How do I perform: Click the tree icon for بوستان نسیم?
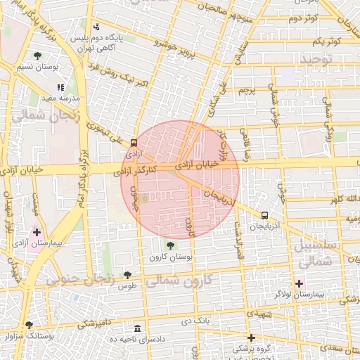[x=37, y=56]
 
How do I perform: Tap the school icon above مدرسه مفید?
[x=60, y=87]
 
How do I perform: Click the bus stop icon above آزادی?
[x=134, y=143]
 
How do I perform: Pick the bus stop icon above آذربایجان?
[x=264, y=216]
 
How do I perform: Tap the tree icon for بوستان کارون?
[x=170, y=245]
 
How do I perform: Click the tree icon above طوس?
[x=127, y=275]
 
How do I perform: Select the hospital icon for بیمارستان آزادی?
[x=37, y=231]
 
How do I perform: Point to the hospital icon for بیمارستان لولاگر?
[x=300, y=283]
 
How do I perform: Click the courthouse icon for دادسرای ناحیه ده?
[x=136, y=328]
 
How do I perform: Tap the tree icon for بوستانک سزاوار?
[x=29, y=325]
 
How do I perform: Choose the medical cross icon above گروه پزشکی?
[x=251, y=337]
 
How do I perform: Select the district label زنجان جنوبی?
[x=80, y=279]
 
